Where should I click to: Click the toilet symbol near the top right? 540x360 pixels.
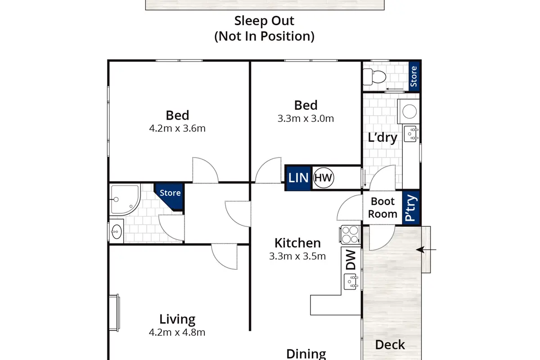374,77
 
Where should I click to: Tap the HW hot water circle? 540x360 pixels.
324,178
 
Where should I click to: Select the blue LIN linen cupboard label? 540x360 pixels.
298,178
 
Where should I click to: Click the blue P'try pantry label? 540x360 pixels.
411,208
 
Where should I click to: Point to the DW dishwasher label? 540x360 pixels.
351,260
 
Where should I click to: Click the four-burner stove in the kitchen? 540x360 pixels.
350,235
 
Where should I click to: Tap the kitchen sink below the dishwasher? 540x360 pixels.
351,281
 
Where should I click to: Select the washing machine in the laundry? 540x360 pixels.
409,112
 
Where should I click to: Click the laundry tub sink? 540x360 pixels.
411,134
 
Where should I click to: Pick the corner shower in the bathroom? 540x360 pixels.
125,200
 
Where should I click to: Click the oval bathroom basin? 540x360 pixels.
117,231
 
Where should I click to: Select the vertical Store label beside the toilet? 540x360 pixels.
414,76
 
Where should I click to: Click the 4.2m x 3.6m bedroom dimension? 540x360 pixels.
177,129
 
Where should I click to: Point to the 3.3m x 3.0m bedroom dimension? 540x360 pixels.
306,119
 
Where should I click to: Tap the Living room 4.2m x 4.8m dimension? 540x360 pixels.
177,332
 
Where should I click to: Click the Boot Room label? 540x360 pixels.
382,207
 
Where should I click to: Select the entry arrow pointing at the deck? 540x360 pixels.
426,250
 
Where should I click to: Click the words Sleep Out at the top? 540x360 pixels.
264,21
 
